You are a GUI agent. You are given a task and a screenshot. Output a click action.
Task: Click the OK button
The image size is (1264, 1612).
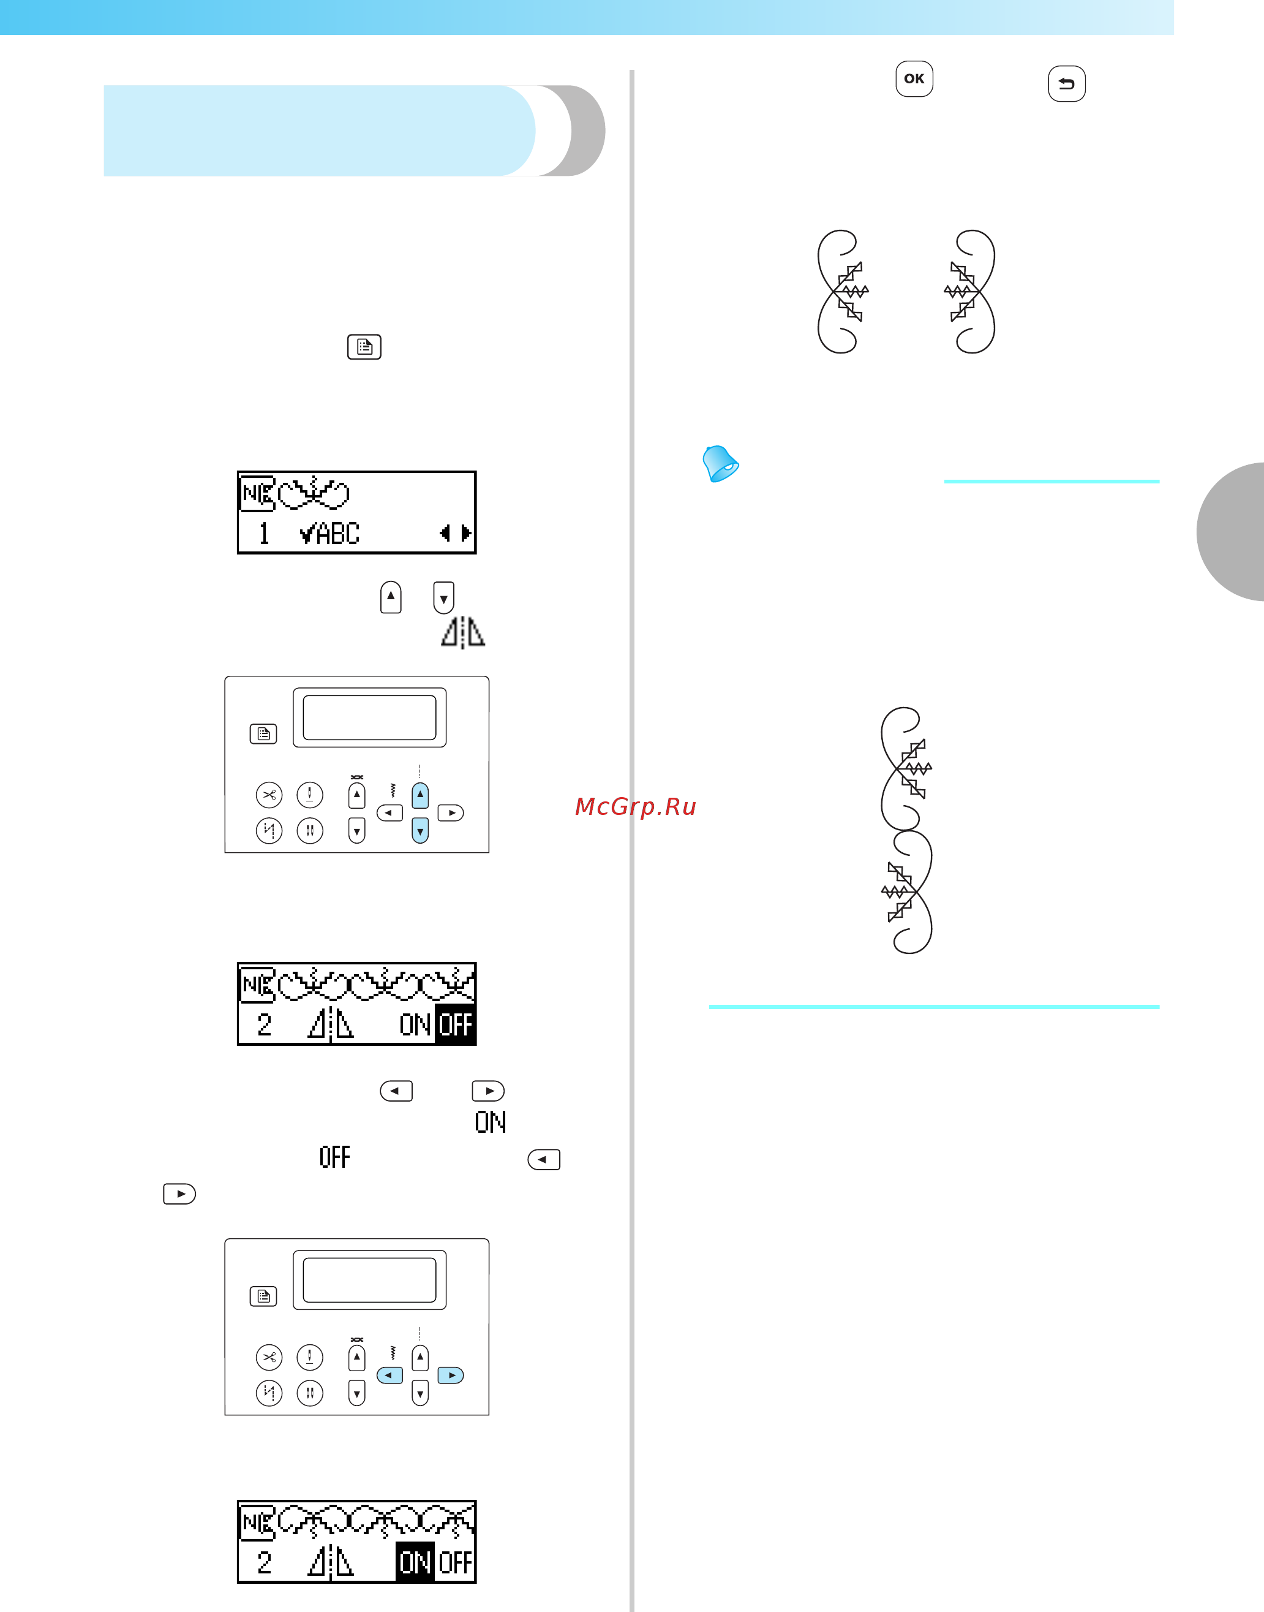pyautogui.click(x=914, y=78)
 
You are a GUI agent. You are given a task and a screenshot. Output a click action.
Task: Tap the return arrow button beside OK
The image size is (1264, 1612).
pyautogui.click(x=1066, y=84)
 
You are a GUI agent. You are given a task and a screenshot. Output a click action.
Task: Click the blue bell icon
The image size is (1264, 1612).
pyautogui.click(x=720, y=464)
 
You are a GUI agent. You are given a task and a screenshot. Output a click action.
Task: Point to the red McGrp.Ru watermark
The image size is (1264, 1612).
pyautogui.click(x=636, y=806)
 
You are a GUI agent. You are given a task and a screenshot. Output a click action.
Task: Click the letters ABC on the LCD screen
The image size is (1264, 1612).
pyautogui.click(x=338, y=533)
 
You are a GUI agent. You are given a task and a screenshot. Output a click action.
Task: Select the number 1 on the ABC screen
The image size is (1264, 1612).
pyautogui.click(x=263, y=533)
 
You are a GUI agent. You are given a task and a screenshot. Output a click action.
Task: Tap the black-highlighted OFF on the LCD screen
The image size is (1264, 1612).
pyautogui.click(x=455, y=1025)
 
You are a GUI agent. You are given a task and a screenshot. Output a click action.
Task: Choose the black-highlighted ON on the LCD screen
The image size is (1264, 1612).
pyautogui.click(x=415, y=1562)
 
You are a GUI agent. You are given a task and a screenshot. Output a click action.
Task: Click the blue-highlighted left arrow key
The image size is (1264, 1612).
pyautogui.click(x=389, y=1375)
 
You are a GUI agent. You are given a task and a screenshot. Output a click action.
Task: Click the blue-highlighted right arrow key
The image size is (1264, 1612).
pyautogui.click(x=451, y=1375)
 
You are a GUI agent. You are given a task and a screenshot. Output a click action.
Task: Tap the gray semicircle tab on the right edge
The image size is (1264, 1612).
pyautogui.click(x=1230, y=531)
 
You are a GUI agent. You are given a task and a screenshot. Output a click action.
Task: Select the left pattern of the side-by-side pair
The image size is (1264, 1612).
pyautogui.click(x=842, y=292)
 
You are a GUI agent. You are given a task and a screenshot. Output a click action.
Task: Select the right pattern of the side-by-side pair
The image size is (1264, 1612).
pyautogui.click(x=970, y=292)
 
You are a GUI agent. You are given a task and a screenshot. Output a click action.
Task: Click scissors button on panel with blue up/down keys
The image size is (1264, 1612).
pyautogui.click(x=269, y=795)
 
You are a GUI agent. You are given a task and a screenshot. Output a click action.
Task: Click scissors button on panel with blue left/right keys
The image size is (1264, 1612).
pyautogui.click(x=269, y=1357)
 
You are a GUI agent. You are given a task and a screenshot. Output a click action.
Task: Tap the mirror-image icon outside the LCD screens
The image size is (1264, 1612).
pyautogui.click(x=462, y=632)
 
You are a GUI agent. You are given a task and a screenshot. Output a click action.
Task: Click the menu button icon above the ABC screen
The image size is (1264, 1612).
pyautogui.click(x=364, y=347)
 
